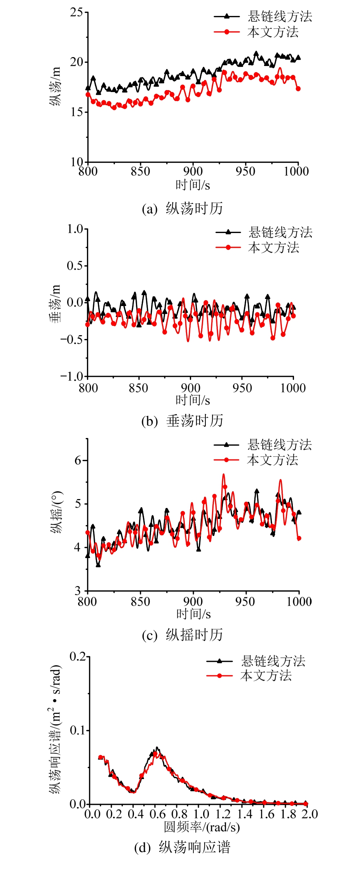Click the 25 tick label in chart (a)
click(x=77, y=12)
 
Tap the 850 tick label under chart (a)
click(x=140, y=171)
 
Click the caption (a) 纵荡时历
click(x=182, y=209)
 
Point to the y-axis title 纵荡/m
click(x=55, y=86)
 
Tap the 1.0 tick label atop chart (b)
click(x=75, y=229)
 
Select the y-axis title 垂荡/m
click(x=55, y=303)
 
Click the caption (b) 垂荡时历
click(x=182, y=421)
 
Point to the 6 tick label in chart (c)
click(x=78, y=461)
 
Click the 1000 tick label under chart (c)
click(x=299, y=602)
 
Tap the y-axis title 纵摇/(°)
click(x=57, y=513)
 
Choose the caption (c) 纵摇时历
click(x=182, y=635)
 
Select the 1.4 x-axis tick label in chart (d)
click(x=245, y=814)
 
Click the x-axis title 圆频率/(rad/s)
click(x=202, y=827)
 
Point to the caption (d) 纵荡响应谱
click(x=182, y=847)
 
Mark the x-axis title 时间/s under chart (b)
click(x=193, y=400)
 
